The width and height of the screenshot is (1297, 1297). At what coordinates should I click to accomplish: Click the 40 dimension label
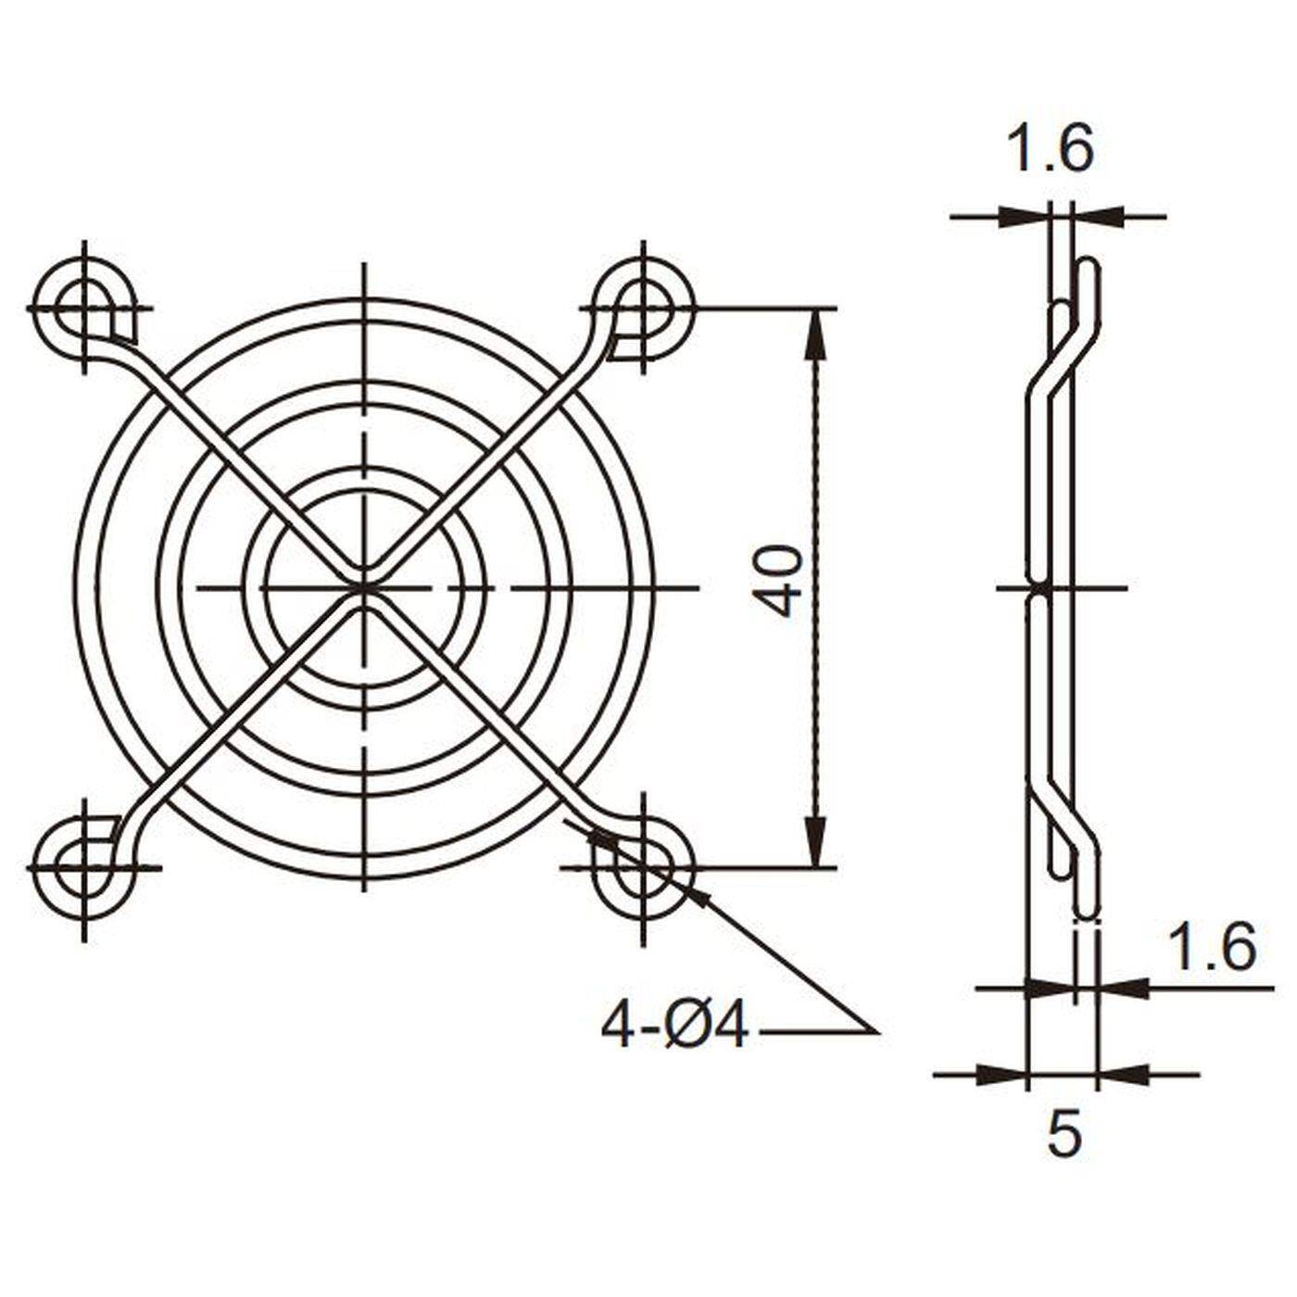(x=776, y=582)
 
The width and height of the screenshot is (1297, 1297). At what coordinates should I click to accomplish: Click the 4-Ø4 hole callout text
(x=674, y=1027)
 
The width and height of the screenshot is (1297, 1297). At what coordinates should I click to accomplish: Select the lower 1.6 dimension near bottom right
(x=1211, y=948)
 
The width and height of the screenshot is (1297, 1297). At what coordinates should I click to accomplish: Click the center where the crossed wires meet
(x=364, y=586)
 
